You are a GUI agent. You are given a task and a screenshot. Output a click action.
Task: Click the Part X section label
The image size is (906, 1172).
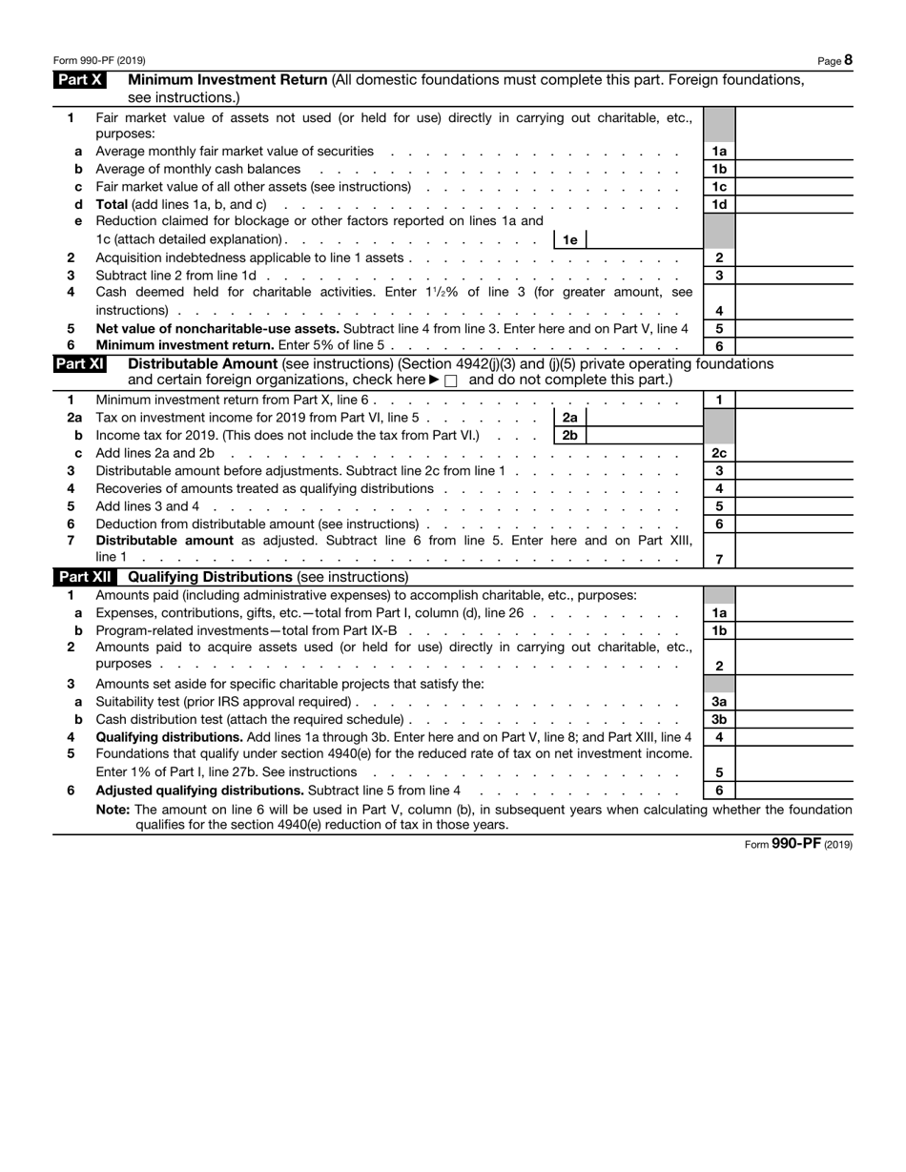pyautogui.click(x=80, y=80)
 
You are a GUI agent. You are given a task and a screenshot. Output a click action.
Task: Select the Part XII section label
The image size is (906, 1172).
pyautogui.click(x=85, y=577)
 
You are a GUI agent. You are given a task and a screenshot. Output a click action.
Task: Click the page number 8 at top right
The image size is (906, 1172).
pyautogui.click(x=848, y=60)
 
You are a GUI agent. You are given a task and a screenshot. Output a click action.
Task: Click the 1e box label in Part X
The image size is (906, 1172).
pyautogui.click(x=569, y=240)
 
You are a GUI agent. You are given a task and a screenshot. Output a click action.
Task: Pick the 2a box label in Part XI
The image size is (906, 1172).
pyautogui.click(x=569, y=418)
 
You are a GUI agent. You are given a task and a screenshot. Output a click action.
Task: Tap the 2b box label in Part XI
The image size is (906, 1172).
pyautogui.click(x=569, y=436)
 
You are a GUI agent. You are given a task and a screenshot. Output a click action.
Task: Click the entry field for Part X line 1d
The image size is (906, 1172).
pyautogui.click(x=793, y=205)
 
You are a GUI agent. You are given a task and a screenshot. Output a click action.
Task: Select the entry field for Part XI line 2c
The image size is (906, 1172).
pyautogui.click(x=793, y=453)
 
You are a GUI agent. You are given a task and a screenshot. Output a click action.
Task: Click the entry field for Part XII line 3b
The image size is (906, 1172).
pyautogui.click(x=793, y=719)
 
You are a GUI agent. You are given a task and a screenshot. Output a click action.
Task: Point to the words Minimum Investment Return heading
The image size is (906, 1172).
pyautogui.click(x=228, y=80)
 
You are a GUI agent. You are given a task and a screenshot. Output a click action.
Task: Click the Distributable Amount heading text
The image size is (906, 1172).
pyautogui.click(x=199, y=363)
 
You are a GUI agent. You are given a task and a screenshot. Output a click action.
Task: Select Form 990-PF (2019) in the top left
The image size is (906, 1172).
pyautogui.click(x=99, y=60)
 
